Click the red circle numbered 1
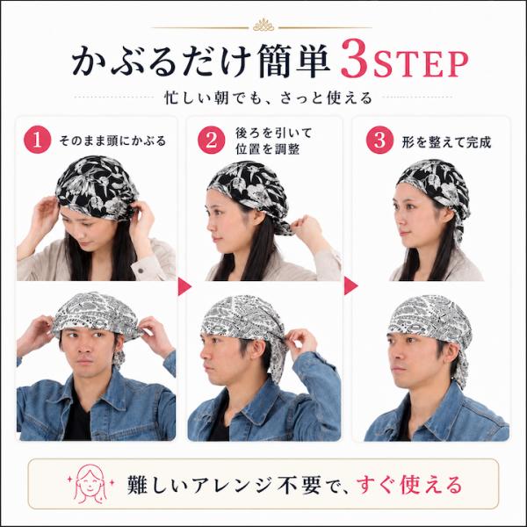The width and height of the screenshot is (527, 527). point(37,140)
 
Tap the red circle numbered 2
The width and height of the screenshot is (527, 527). point(211,140)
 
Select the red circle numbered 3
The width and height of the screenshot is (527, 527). point(379,140)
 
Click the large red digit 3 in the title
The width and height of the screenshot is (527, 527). point(355,59)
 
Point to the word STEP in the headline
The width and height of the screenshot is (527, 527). point(421,64)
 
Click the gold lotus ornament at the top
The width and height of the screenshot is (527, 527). point(263,25)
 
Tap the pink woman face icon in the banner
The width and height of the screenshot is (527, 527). point(90,484)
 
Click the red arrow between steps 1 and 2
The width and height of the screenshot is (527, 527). point(184,286)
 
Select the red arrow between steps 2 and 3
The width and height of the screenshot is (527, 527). point(350,286)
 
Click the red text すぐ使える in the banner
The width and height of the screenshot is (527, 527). point(409,485)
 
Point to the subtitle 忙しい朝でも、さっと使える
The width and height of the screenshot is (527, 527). point(268,97)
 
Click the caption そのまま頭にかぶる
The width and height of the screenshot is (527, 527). point(112,141)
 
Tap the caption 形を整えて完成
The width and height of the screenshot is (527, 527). point(446,142)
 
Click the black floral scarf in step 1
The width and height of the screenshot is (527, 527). point(97,186)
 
